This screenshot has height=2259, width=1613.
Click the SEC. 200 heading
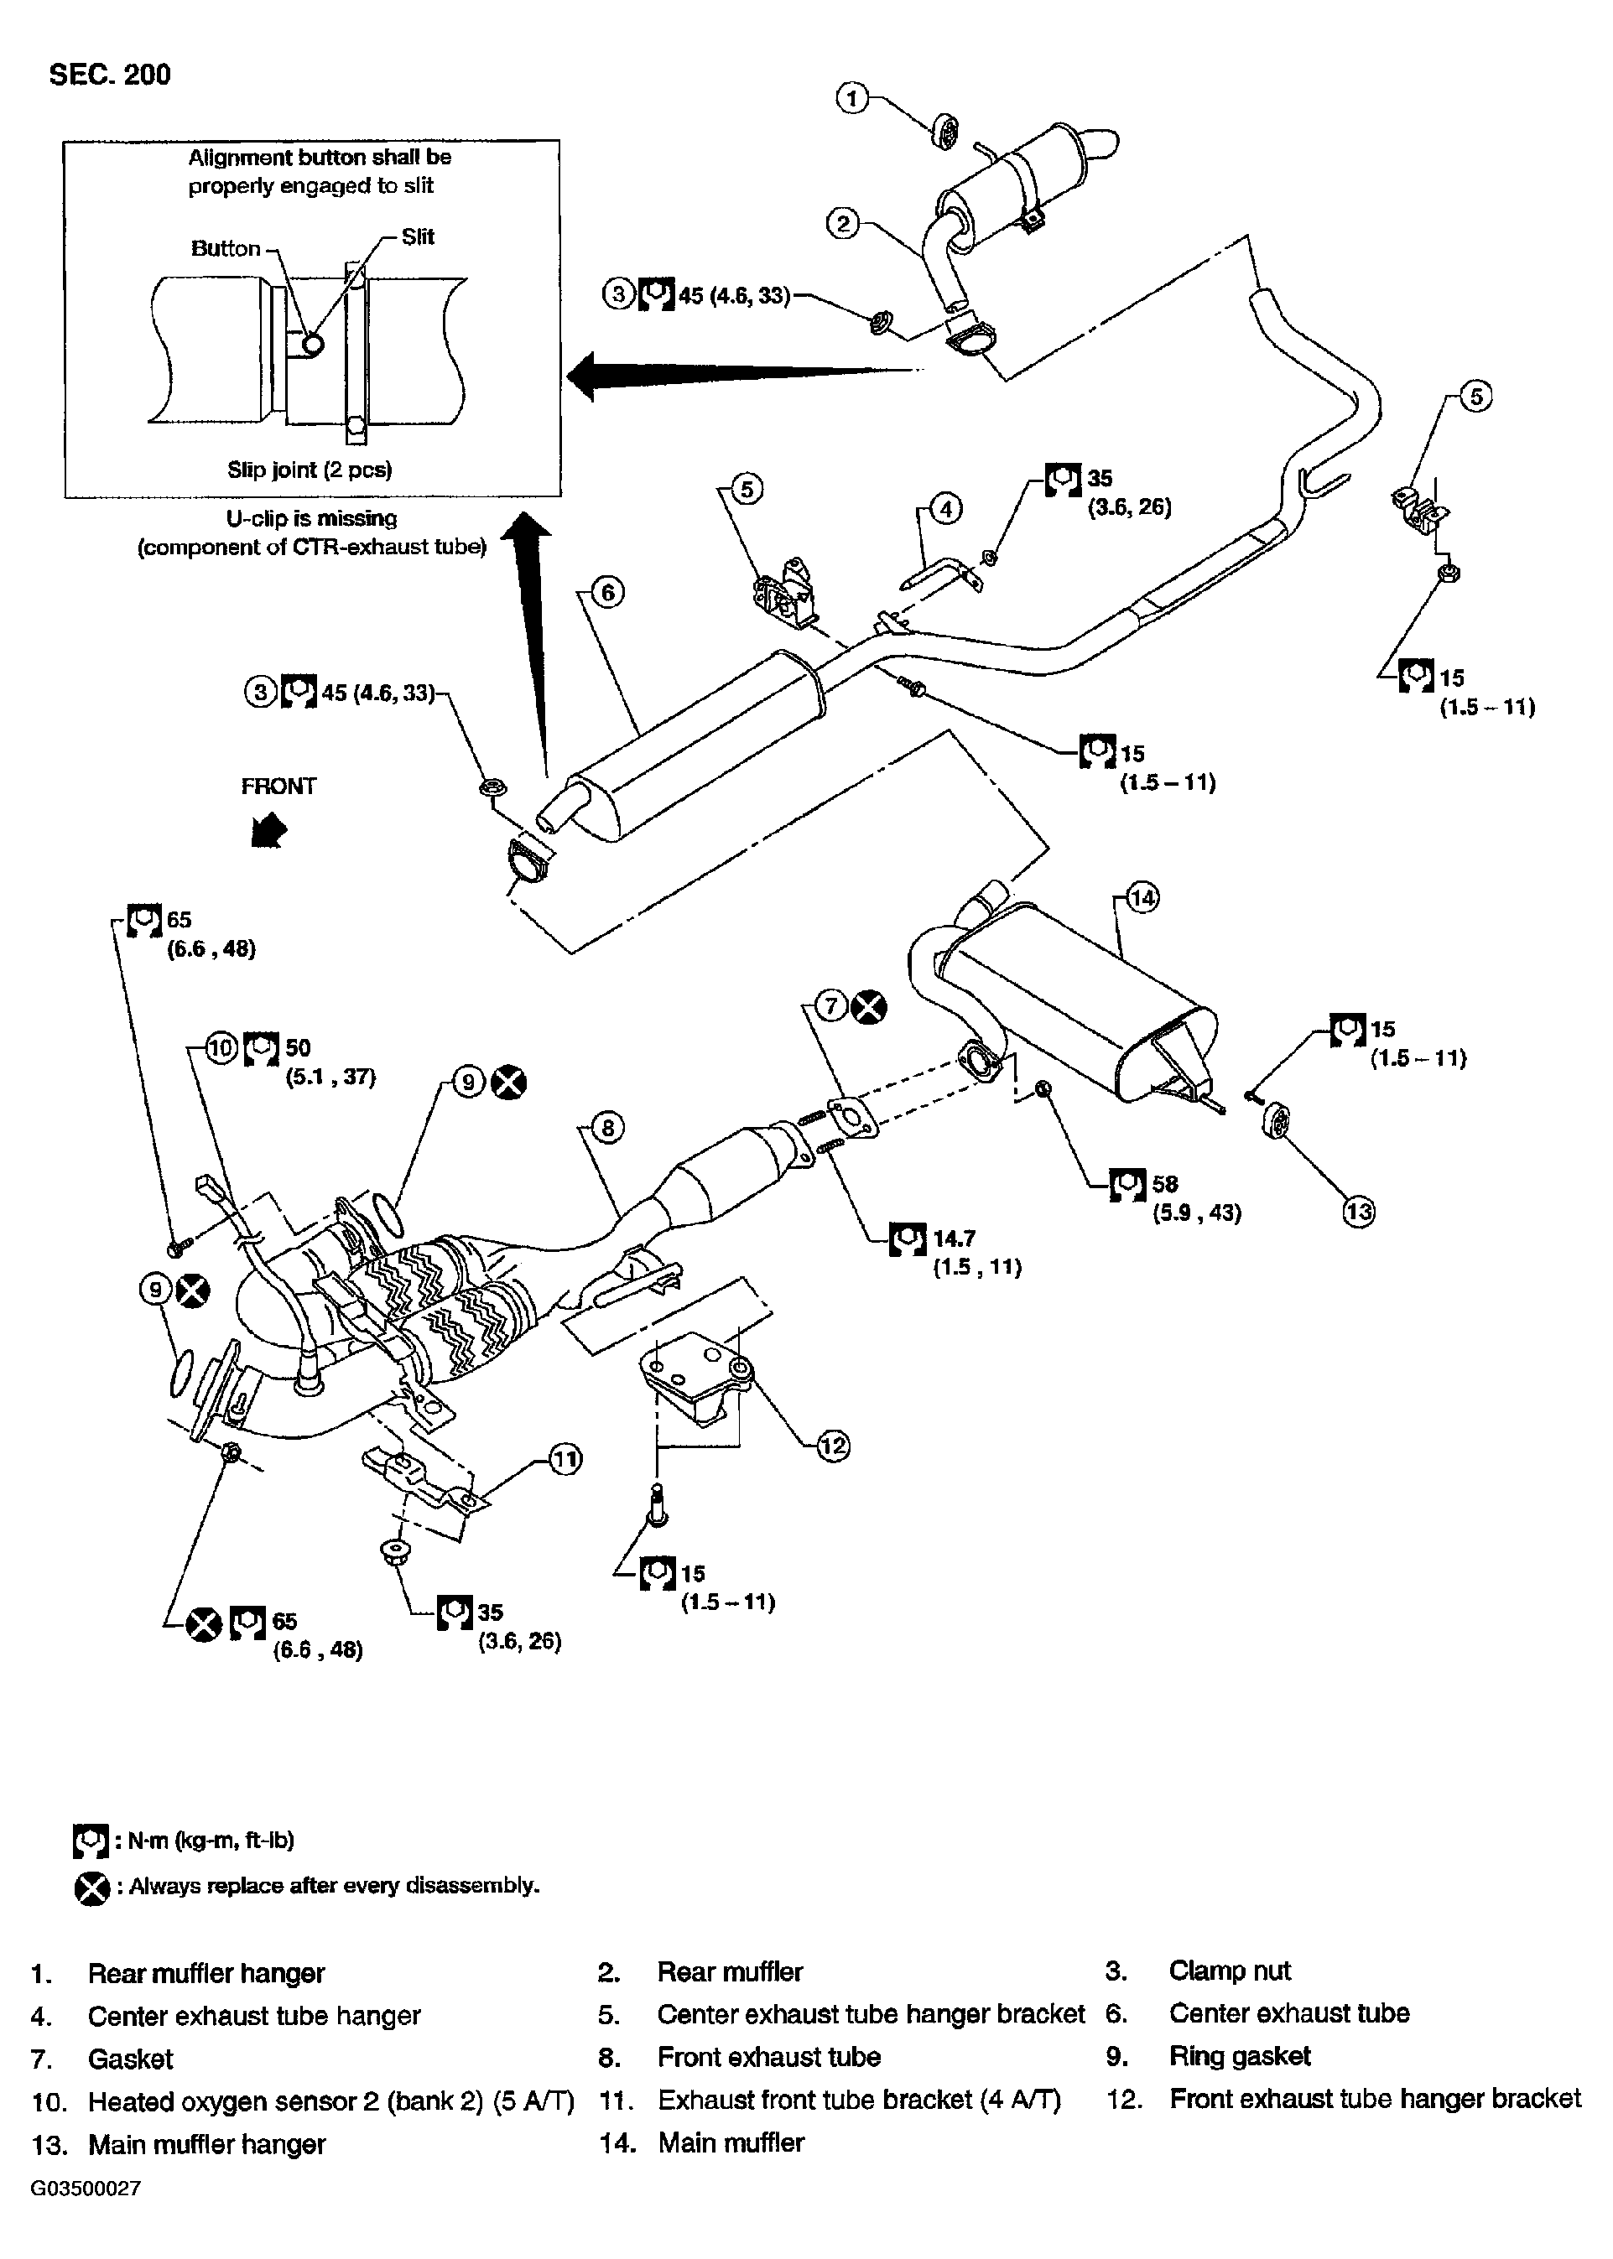pyautogui.click(x=109, y=75)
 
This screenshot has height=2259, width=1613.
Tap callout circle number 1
pyautogui.click(x=852, y=98)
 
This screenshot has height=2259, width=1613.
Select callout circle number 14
pyautogui.click(x=1143, y=897)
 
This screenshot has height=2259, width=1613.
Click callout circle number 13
pyautogui.click(x=1359, y=1212)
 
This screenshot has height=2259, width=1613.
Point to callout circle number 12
pyautogui.click(x=833, y=1446)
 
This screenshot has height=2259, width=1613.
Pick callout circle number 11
pyautogui.click(x=565, y=1459)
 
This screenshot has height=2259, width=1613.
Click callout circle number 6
pyautogui.click(x=608, y=593)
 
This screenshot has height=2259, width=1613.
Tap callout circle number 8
pyautogui.click(x=608, y=1128)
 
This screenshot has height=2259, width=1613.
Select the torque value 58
pyautogui.click(x=1164, y=1184)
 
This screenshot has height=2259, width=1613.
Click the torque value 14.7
pyautogui.click(x=954, y=1239)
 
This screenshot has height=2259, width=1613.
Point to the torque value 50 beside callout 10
pyautogui.click(x=298, y=1047)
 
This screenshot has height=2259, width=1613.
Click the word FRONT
pyautogui.click(x=278, y=787)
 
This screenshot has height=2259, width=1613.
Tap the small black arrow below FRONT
pyautogui.click(x=269, y=830)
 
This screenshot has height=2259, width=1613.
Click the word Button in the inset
pyautogui.click(x=226, y=248)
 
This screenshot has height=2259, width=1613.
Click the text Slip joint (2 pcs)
pyautogui.click(x=310, y=470)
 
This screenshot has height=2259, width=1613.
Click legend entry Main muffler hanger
pyautogui.click(x=206, y=2145)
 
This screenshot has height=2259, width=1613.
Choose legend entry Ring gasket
pyautogui.click(x=1240, y=2055)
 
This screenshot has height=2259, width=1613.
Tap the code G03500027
pyautogui.click(x=86, y=2189)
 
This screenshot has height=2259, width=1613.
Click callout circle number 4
pyautogui.click(x=945, y=509)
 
